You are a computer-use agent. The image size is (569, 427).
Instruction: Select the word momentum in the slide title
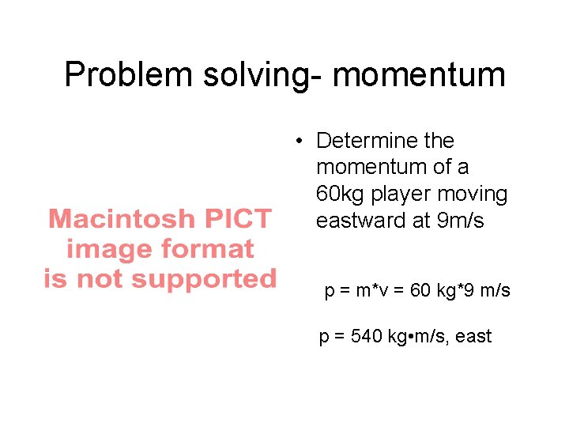click(419, 75)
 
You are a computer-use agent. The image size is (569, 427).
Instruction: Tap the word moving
click(480, 195)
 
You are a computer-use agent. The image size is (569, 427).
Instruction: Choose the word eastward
click(361, 221)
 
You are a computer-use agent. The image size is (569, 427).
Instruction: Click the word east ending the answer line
click(473, 336)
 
